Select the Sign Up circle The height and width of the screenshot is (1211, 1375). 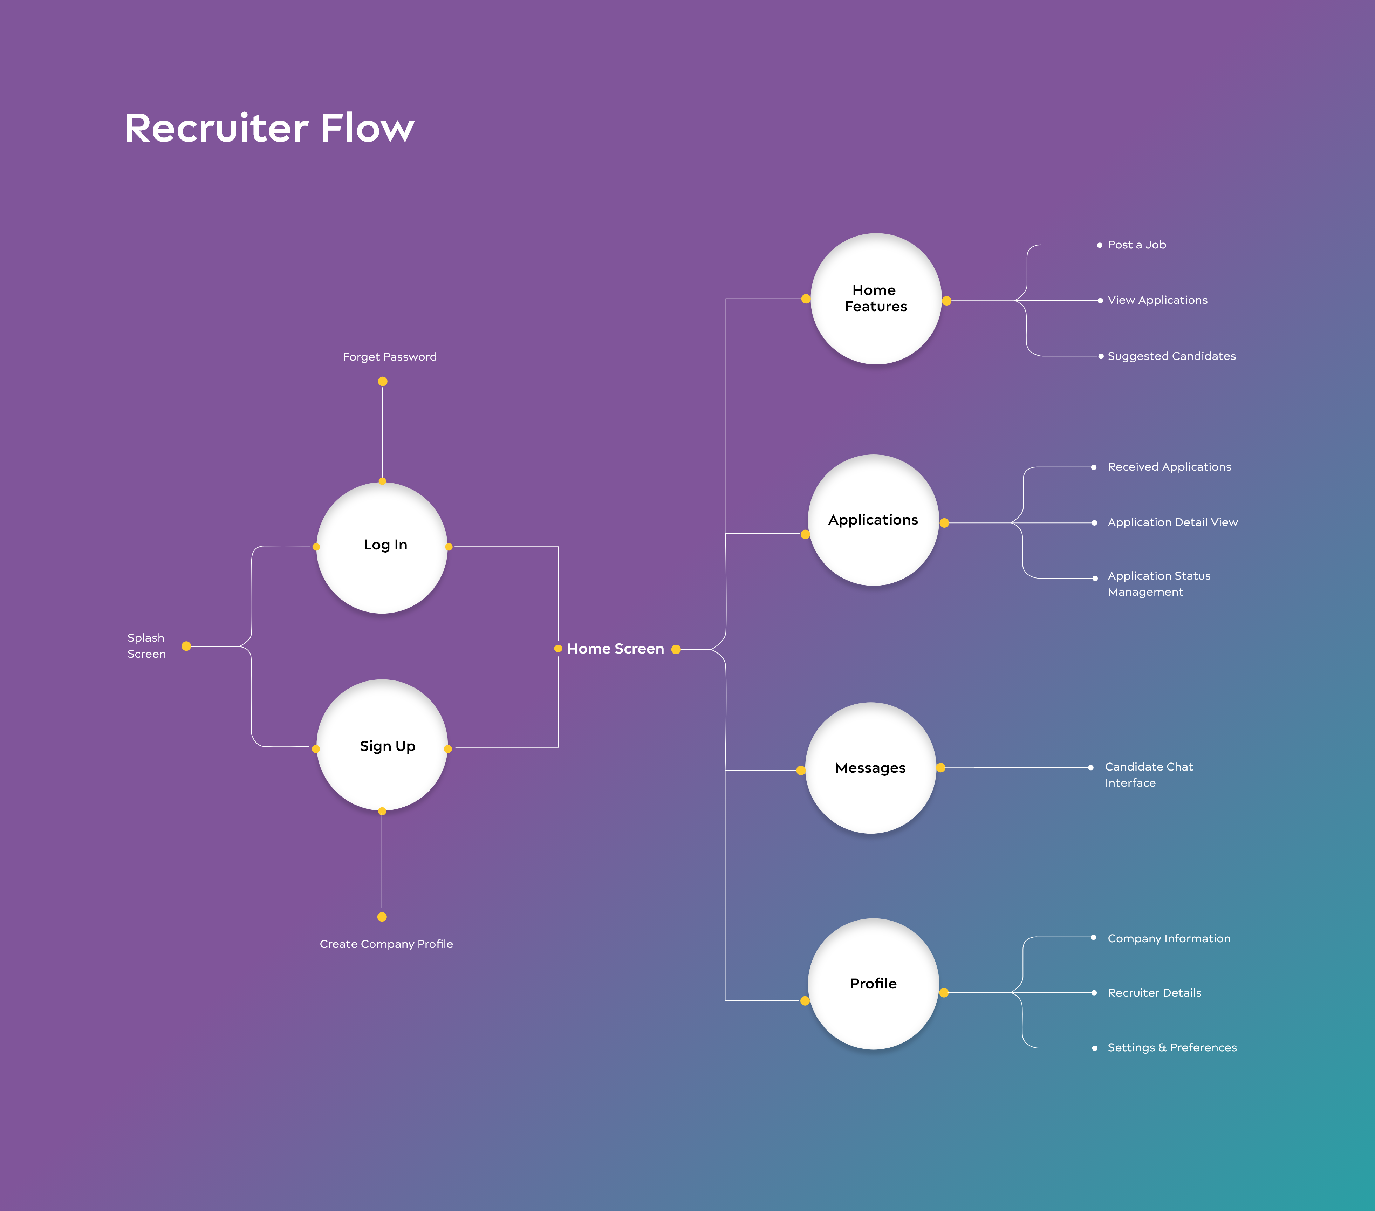click(x=382, y=745)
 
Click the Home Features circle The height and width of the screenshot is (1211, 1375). click(x=875, y=299)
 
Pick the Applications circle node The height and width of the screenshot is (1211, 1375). click(x=873, y=520)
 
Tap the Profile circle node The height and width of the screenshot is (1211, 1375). click(x=873, y=984)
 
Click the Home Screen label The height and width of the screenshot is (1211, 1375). click(x=616, y=649)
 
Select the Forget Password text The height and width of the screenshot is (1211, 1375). click(x=390, y=357)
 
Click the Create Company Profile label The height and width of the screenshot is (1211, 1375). click(x=386, y=944)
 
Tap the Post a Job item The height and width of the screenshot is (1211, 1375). click(x=1137, y=245)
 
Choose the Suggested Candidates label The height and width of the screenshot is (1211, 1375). click(x=1171, y=356)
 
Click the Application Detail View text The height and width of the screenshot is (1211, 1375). click(x=1172, y=522)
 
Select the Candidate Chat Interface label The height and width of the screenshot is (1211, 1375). click(x=1148, y=774)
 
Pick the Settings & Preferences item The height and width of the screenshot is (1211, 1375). click(x=1172, y=1047)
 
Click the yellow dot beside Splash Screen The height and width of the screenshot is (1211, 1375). click(x=186, y=646)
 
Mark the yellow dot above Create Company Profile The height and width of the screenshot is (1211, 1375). click(x=382, y=916)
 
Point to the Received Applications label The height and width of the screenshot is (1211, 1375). click(x=1169, y=467)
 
